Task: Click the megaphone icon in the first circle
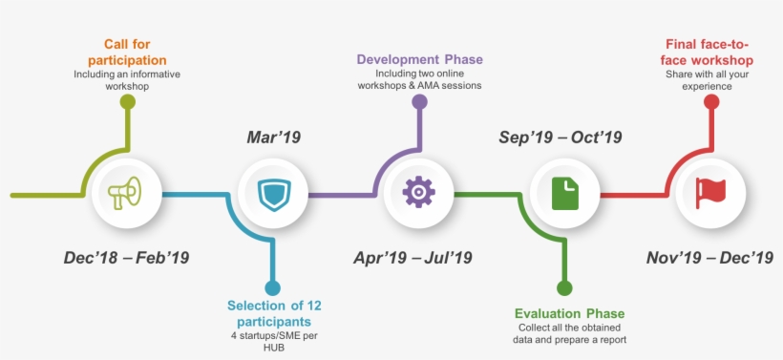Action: coord(125,194)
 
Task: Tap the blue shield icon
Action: coord(272,194)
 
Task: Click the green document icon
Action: coord(564,194)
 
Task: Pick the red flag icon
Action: coord(710,193)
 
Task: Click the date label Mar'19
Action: coord(272,138)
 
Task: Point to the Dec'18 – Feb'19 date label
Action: coord(126,257)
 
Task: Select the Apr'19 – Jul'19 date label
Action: coord(413,257)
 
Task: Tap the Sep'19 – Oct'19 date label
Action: coord(561,138)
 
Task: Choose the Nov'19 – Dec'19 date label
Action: coord(709,257)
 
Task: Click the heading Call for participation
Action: coord(127,53)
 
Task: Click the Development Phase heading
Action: coord(420,59)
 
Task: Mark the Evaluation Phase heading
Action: coord(569,313)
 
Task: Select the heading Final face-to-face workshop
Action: coord(708,53)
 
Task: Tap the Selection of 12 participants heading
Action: coord(274,313)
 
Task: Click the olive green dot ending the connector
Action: coord(127,99)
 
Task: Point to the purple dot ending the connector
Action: coord(419,99)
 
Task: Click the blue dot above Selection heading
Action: coord(273,287)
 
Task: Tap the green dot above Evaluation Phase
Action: coord(564,287)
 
